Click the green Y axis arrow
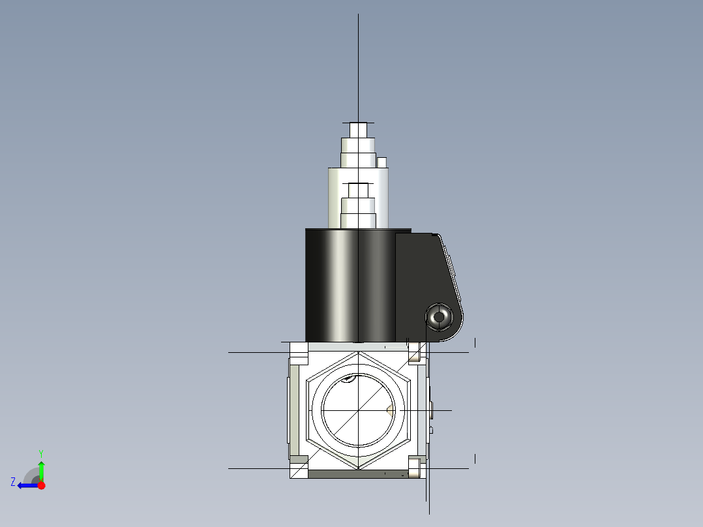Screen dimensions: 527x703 [x=41, y=469]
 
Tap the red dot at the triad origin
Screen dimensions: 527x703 [x=41, y=485]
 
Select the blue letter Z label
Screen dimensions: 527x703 [x=13, y=482]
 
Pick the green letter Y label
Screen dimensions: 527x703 [x=40, y=453]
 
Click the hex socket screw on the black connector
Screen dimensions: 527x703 [x=438, y=318]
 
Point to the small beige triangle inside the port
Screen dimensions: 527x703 [x=389, y=410]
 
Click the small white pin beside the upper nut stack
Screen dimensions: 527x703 [x=382, y=162]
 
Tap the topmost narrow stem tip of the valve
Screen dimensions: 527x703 [x=358, y=130]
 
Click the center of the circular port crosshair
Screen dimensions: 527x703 [x=358, y=410]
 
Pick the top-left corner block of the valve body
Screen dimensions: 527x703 [x=299, y=354]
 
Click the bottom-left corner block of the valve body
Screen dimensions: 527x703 [x=299, y=467]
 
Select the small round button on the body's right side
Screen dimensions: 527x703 [x=432, y=410]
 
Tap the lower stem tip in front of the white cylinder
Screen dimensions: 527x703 [x=358, y=190]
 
